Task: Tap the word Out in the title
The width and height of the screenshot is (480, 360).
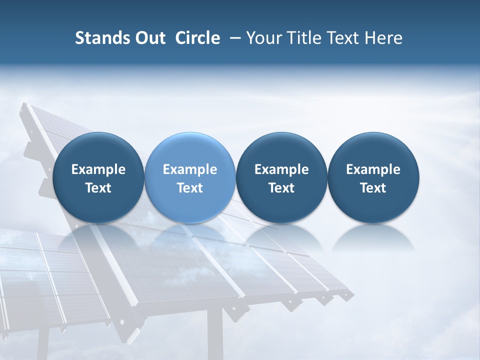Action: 149,38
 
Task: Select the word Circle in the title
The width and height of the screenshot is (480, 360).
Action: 197,38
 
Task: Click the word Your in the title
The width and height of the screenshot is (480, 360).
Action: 262,38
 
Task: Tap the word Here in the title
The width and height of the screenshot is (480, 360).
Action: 383,38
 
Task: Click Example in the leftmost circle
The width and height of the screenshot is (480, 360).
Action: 98,169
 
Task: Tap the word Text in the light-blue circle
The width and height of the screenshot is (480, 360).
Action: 190,188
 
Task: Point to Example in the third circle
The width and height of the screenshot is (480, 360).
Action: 281,169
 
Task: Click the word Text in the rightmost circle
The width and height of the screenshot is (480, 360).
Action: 373,188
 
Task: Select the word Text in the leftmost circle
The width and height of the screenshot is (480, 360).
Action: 98,188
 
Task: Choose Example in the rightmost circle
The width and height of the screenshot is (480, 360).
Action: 373,169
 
